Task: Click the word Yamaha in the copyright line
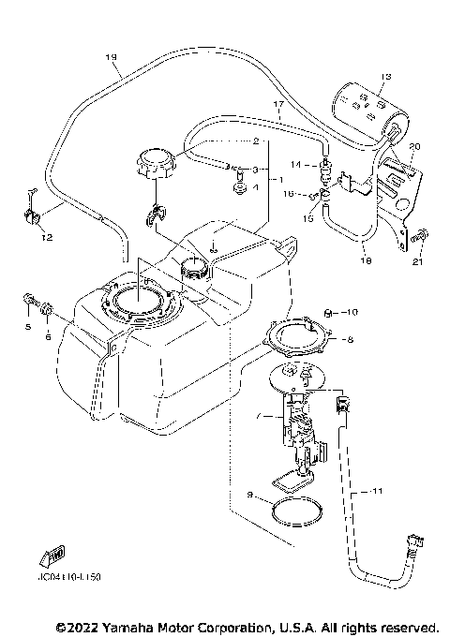pyautogui.click(x=134, y=626)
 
